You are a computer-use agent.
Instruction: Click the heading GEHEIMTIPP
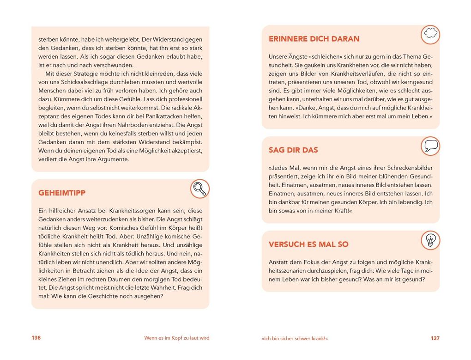coord(61,193)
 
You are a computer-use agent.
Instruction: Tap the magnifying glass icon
coord(199,188)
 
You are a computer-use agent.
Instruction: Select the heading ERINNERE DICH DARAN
coord(314,39)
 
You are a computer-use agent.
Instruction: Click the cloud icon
coord(430,34)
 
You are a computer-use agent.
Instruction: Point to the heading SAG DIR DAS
coord(293,150)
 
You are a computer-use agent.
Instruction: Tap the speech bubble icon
coord(430,146)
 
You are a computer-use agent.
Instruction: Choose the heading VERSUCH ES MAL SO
coord(308,244)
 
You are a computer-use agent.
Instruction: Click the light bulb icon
coord(430,240)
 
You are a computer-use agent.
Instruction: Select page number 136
coord(36,338)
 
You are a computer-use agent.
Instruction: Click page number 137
coord(435,338)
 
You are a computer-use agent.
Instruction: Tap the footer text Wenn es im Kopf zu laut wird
coord(177,338)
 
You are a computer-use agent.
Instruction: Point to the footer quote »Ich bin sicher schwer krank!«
coord(295,338)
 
